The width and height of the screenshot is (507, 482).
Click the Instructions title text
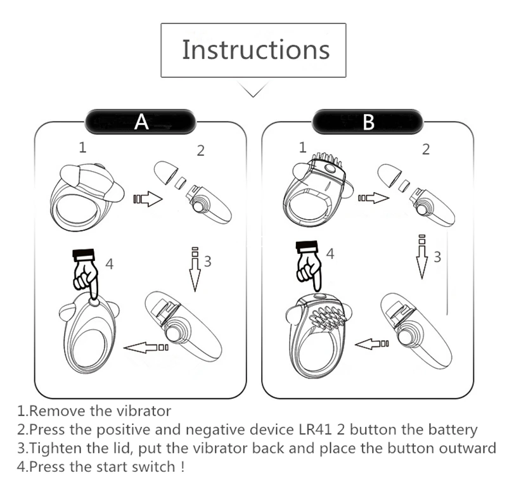255,49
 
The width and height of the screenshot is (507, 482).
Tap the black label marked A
141,121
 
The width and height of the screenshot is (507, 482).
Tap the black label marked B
367,121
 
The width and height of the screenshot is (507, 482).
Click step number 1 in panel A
82,148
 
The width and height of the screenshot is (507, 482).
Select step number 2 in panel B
426,149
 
